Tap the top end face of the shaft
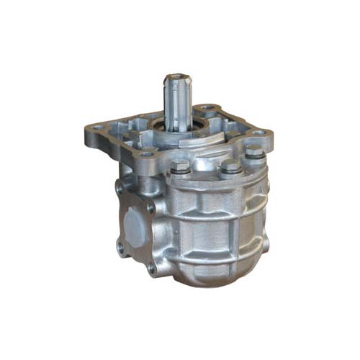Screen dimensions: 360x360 pos(174,78)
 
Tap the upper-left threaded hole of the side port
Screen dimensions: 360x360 pos(119,186)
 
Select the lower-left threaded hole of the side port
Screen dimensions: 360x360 pos(120,245)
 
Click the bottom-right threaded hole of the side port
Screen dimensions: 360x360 pos(152,269)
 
